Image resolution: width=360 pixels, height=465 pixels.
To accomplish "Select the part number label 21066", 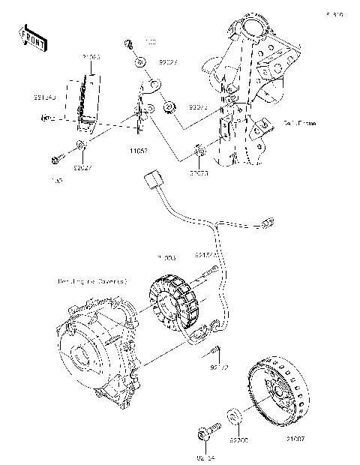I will coord(91,56).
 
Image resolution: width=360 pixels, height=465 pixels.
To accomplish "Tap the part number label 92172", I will coord(220,368).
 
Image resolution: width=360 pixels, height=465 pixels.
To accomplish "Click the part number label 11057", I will coord(138,151).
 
